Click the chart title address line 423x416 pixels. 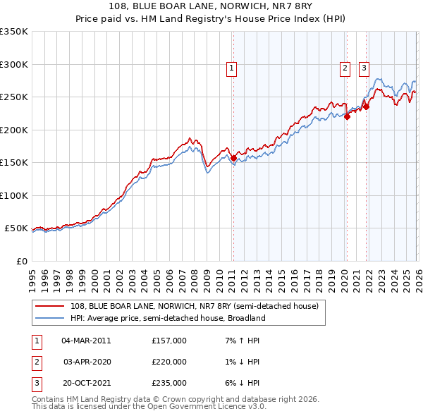click(x=211, y=7)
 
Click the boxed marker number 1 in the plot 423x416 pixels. click(x=232, y=68)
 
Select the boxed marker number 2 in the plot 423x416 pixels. click(x=345, y=68)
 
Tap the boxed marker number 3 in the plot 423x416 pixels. click(x=364, y=68)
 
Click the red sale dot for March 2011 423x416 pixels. click(x=233, y=158)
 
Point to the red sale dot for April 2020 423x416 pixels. click(x=347, y=117)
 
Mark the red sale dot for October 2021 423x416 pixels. click(x=367, y=107)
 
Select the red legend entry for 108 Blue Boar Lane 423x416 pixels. click(x=195, y=306)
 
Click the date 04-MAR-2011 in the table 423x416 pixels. click(x=86, y=341)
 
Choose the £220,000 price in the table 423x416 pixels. click(x=169, y=362)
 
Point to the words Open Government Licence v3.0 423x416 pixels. click(x=209, y=408)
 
